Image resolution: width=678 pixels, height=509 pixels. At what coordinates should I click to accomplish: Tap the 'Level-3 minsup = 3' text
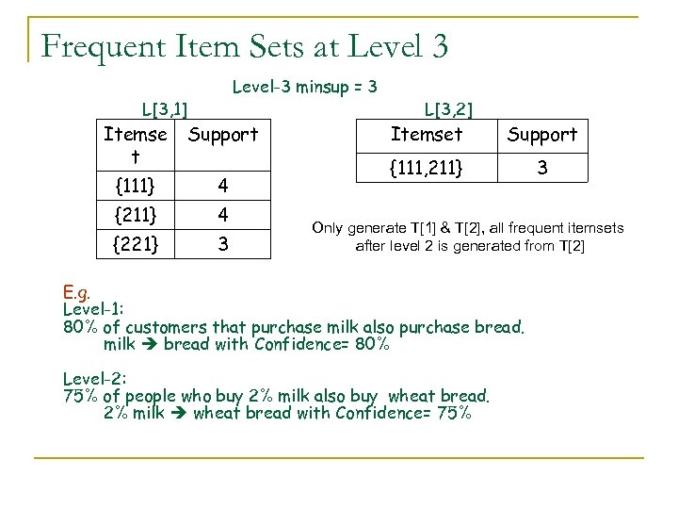coord(305,88)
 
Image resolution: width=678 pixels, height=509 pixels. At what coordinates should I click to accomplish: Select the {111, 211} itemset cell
coord(428,168)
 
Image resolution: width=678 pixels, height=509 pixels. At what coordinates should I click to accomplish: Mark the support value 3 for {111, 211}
coord(542,168)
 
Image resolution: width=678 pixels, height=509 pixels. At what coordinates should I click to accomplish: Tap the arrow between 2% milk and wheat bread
coord(179,413)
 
